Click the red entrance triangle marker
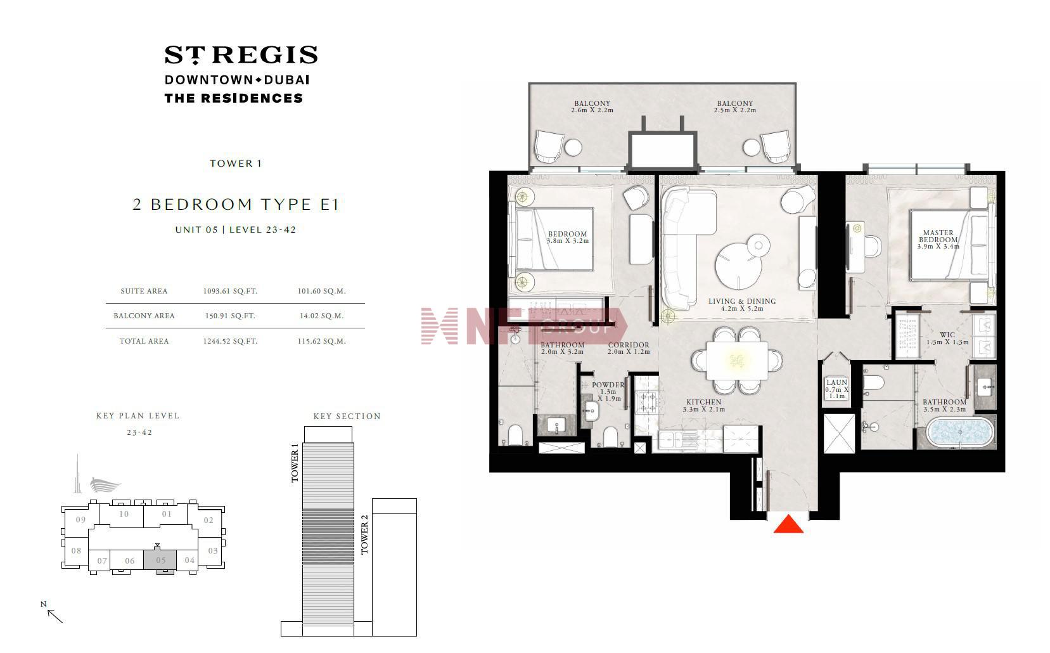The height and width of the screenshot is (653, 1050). point(788,524)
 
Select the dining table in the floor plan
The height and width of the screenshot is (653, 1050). point(737,360)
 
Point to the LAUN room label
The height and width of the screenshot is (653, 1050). point(836,382)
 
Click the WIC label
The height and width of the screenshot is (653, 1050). point(947,335)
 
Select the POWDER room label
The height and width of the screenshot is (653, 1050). point(608,385)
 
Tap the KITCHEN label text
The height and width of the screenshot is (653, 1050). point(703,402)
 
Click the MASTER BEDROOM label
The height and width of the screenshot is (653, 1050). point(938,236)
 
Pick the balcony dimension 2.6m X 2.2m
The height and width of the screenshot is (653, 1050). point(592,110)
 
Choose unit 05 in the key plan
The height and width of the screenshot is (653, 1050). point(160,560)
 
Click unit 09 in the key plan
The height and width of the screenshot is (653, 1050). point(80,520)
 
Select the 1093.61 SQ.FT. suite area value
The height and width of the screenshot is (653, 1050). point(230,291)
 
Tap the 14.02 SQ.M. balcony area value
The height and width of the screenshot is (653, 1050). point(321,316)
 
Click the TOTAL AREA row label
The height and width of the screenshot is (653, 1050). point(144,341)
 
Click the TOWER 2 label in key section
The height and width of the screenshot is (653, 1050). point(364,534)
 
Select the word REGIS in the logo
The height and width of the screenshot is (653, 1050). point(269,55)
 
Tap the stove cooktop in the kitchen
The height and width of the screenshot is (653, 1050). point(648,401)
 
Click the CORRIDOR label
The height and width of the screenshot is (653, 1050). point(629,345)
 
